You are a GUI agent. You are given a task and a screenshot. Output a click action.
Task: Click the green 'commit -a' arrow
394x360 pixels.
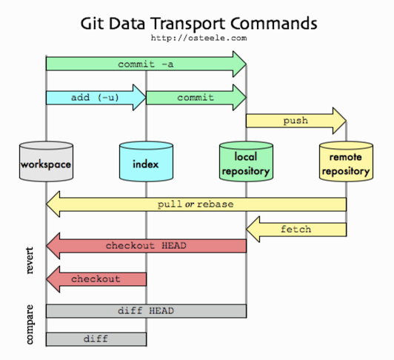146,64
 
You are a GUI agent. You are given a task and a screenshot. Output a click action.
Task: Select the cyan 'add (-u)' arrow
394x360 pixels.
96,97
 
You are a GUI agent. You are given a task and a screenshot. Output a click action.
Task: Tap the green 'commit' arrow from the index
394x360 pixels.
196,97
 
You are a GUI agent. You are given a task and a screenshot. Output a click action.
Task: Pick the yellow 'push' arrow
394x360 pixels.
296,121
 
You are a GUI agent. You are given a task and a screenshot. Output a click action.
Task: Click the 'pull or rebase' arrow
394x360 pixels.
196,204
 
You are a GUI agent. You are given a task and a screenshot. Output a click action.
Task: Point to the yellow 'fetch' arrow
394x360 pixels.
296,230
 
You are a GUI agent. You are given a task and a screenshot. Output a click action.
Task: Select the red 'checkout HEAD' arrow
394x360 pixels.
146,246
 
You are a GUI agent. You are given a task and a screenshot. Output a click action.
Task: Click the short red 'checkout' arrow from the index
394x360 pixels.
96,279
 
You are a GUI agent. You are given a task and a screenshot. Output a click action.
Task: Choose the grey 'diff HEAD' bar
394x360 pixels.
146,311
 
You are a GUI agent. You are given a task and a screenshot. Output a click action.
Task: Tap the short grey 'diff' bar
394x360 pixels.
96,339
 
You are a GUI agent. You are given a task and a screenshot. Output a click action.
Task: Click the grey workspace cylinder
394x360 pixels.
46,161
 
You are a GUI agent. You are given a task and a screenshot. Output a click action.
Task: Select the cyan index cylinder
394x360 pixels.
146,161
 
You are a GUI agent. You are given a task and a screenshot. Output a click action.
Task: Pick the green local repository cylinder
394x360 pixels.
246,161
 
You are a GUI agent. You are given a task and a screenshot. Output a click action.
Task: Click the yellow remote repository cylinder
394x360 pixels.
347,161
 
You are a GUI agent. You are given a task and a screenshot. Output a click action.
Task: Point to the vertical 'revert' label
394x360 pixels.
30,260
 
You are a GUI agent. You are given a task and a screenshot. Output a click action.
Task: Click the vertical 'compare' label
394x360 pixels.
30,324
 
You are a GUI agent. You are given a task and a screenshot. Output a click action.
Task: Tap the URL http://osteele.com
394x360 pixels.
198,38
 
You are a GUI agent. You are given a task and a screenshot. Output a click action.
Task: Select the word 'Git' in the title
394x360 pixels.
92,24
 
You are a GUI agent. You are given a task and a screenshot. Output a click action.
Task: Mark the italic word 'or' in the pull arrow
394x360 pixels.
190,204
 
